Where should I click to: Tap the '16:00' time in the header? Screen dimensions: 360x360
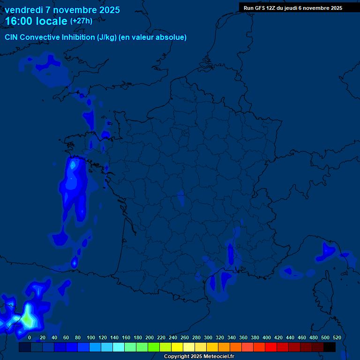tap(19, 21)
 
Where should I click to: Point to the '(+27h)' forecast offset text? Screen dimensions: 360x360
tap(81, 21)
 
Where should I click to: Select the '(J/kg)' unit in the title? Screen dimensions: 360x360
tap(107, 37)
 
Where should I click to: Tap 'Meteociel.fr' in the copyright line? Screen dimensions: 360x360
tap(218, 357)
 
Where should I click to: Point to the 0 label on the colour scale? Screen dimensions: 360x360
tap(30, 337)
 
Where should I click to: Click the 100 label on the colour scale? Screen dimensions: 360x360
tap(90, 337)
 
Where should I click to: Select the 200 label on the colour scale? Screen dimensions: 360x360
tap(150, 337)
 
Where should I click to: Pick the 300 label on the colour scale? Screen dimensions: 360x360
tap(208, 337)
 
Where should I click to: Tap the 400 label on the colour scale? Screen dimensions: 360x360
tap(267, 337)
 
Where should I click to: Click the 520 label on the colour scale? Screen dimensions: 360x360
tap(337, 337)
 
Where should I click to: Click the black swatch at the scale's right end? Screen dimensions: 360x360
tap(330, 347)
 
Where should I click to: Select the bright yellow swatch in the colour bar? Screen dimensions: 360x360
tap(177, 347)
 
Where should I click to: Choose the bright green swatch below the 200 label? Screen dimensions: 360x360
tap(154, 347)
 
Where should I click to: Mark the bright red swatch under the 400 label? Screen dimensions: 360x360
tap(271, 347)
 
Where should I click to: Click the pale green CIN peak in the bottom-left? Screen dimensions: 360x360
tap(28, 320)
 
